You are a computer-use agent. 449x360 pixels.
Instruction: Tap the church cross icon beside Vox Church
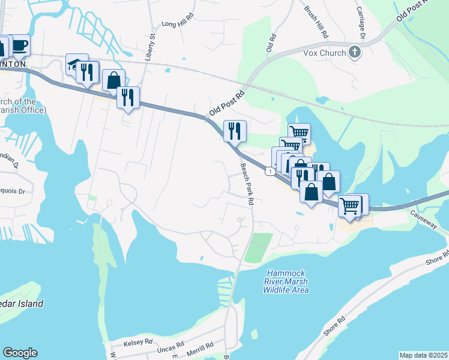coord(355,53)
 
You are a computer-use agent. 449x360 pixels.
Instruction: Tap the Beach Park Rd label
coord(246,185)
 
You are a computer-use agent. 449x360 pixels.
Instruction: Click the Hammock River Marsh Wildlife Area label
coord(286,281)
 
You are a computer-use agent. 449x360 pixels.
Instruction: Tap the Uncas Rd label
coord(172,347)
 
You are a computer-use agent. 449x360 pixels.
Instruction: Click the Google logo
coord(20,353)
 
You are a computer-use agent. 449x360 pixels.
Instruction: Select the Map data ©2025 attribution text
coord(423,355)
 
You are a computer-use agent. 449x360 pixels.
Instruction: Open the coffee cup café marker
coord(19,45)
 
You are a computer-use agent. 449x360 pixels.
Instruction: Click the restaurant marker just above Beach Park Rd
coord(235,130)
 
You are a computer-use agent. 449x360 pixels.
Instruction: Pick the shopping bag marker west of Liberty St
coord(113,80)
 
